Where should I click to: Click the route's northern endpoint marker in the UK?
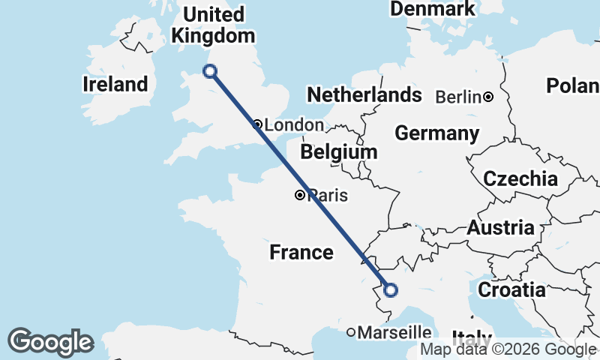click(210, 71)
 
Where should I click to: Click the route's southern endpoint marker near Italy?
click(390, 289)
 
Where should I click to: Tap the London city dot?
click(257, 124)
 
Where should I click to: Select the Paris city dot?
click(300, 196)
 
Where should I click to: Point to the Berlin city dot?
click(488, 97)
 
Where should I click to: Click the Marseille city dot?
click(350, 331)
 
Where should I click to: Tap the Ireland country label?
click(115, 84)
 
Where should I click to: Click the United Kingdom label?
click(214, 25)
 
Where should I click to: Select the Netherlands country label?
click(364, 95)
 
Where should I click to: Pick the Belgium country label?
click(339, 152)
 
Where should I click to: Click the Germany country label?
click(437, 133)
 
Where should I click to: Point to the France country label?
click(301, 252)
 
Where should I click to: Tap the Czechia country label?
click(520, 179)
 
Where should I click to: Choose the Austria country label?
click(501, 228)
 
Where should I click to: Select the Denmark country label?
click(433, 9)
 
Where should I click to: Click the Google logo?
click(50, 342)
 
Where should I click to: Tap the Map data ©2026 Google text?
click(508, 349)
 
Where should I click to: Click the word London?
click(294, 125)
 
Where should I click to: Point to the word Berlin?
click(457, 97)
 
